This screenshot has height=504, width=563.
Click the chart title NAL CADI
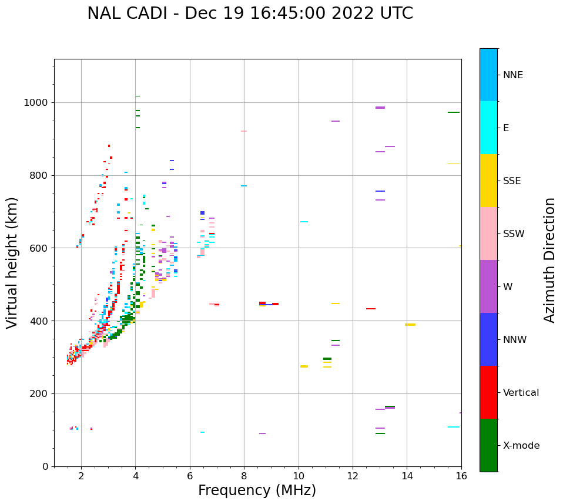[250, 14]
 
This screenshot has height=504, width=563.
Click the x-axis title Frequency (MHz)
[257, 490]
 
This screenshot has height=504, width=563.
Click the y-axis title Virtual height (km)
[12, 262]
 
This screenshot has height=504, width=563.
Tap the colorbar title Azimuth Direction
[549, 260]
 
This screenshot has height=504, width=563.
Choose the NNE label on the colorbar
[512, 75]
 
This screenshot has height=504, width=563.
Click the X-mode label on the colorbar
[521, 446]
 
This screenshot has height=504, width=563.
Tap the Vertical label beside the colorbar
[521, 393]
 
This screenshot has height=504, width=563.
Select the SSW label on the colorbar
[514, 234]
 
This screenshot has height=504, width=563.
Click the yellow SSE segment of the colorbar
[488, 180]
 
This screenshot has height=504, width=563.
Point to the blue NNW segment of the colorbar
[488, 339]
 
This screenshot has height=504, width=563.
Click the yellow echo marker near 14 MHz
[410, 325]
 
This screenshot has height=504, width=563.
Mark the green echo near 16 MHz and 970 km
[454, 112]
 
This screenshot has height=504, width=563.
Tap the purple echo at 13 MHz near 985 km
[380, 108]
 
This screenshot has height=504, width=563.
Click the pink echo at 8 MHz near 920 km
[244, 131]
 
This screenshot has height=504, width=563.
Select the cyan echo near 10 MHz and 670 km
[304, 222]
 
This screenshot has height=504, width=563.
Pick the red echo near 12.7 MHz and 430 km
[371, 309]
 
